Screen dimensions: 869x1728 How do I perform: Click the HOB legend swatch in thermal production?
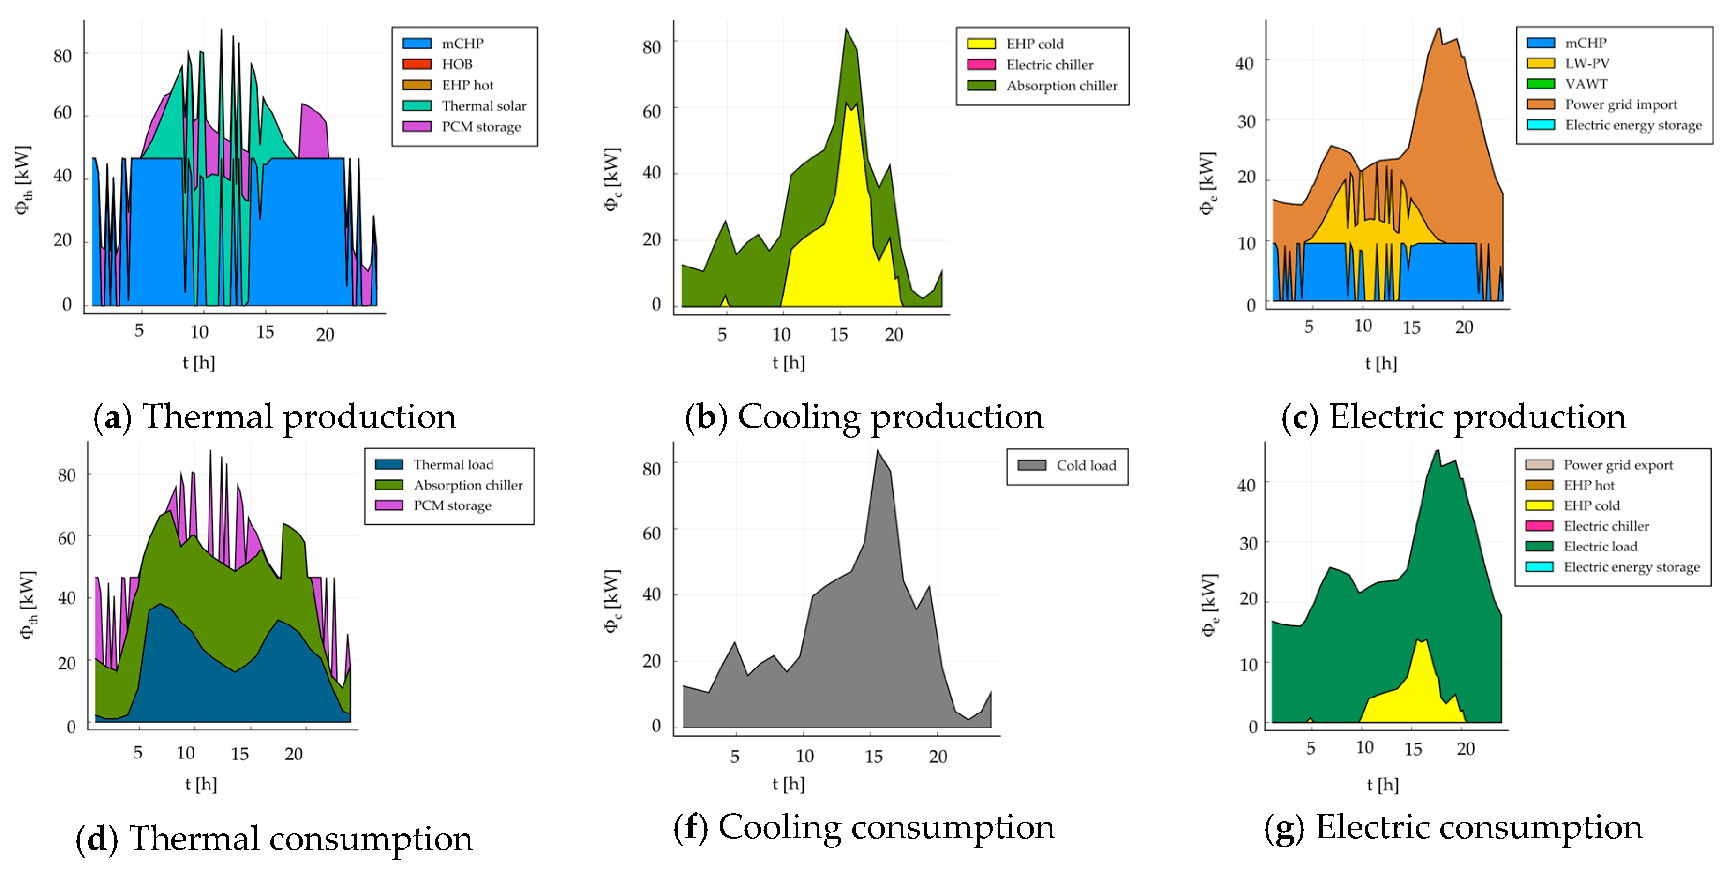[417, 64]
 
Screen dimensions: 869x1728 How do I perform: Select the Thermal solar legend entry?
[483, 106]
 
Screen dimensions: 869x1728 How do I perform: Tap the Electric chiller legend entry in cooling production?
[1049, 65]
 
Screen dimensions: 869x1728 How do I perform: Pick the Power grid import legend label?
[1620, 104]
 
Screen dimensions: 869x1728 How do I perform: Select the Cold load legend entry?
[1085, 465]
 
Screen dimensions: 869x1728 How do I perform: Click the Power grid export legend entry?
[1617, 465]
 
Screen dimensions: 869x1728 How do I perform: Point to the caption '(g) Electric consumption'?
[1453, 827]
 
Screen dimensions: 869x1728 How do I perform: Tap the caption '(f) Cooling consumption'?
[864, 827]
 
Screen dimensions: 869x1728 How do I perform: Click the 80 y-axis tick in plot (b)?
[651, 47]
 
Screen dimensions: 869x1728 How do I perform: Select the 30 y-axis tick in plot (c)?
[1246, 122]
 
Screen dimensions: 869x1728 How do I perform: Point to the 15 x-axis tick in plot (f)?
[873, 757]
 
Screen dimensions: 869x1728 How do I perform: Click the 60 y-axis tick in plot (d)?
[67, 538]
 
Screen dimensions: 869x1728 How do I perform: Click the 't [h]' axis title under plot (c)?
[1380, 364]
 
